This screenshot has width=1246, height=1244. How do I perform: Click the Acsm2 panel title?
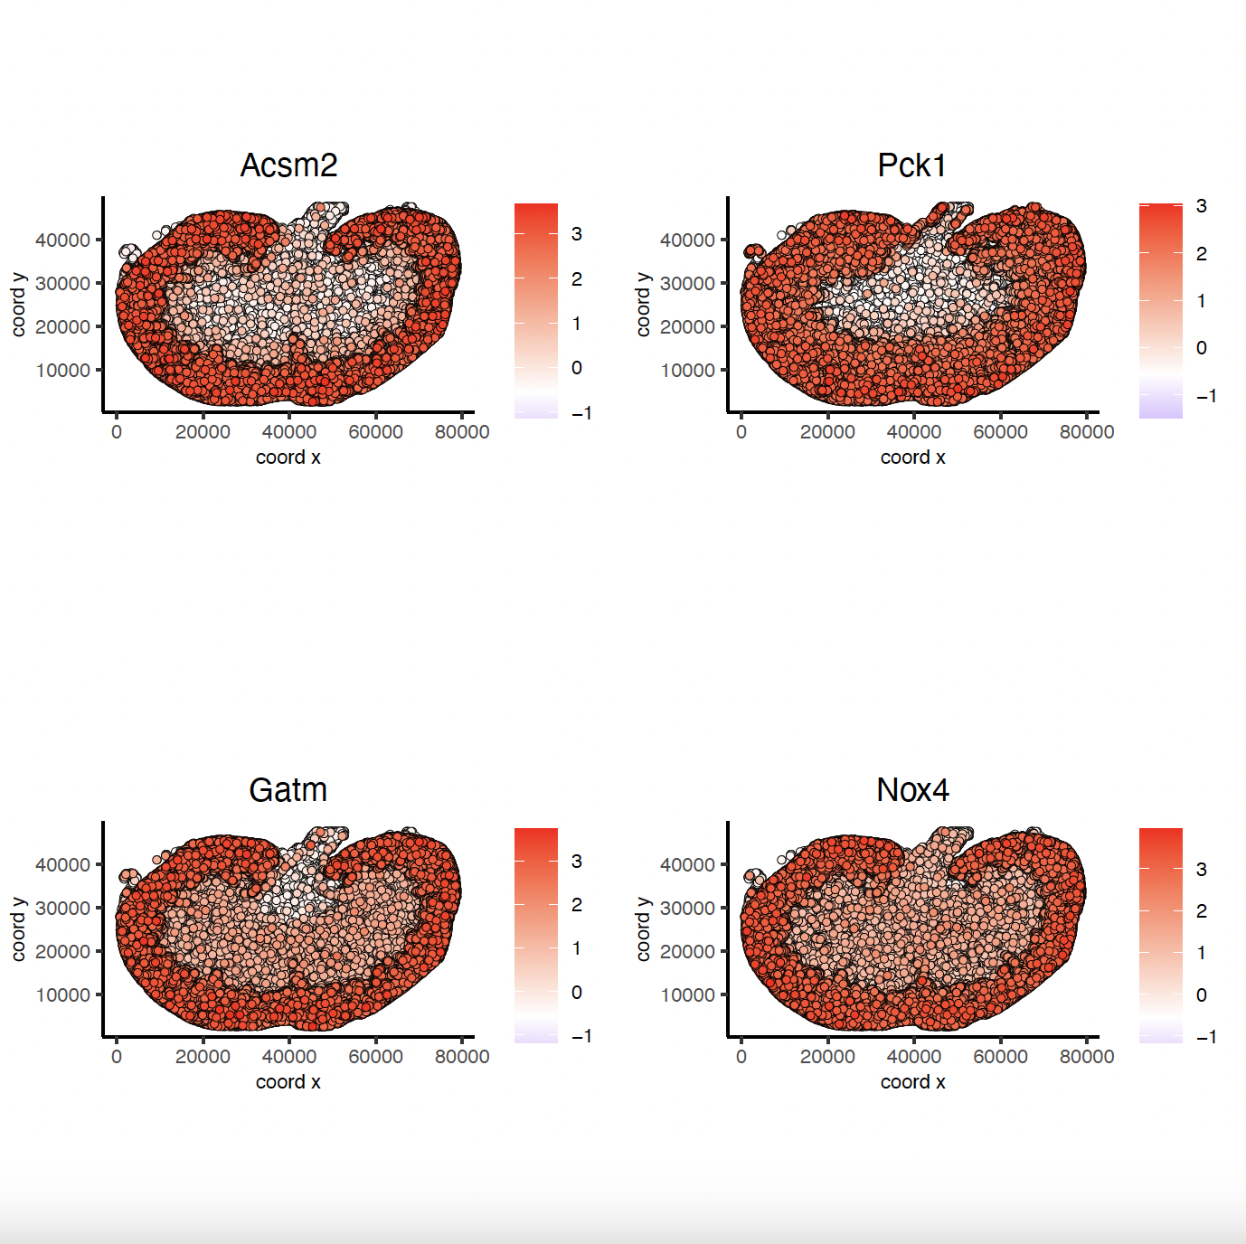coord(288,165)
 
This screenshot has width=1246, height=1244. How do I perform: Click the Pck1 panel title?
coord(912,165)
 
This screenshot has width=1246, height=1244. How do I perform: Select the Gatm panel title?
coord(288,790)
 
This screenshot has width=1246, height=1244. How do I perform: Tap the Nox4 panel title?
coord(912,790)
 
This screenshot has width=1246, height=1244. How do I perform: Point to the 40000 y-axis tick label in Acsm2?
coord(62,240)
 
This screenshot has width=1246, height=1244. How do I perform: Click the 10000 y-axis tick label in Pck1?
coord(687,370)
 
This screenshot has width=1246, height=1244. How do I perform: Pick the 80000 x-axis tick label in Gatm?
coord(462,1057)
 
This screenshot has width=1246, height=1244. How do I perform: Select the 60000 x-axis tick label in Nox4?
coord(1000,1057)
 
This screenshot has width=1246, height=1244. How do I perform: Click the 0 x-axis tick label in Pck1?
coord(741,432)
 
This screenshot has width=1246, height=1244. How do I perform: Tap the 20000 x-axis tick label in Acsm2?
coord(203,432)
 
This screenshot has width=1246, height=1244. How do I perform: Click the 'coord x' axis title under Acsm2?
coord(288,457)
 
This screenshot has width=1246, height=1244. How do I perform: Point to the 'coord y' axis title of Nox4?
coord(643,928)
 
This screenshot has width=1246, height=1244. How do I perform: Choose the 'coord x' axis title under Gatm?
coord(288,1082)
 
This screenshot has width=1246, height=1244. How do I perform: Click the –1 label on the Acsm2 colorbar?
coord(581,413)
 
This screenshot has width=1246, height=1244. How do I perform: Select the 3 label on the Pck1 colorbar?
coord(1201,206)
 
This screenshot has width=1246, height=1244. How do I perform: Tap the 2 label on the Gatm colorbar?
coord(576,905)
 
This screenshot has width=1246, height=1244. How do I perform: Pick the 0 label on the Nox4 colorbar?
coord(1201,995)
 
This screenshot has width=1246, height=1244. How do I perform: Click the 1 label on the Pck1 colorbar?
coord(1201,301)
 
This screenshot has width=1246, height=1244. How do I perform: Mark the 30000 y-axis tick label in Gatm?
coord(62,908)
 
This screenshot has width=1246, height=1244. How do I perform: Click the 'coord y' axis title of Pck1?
coord(643,304)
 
